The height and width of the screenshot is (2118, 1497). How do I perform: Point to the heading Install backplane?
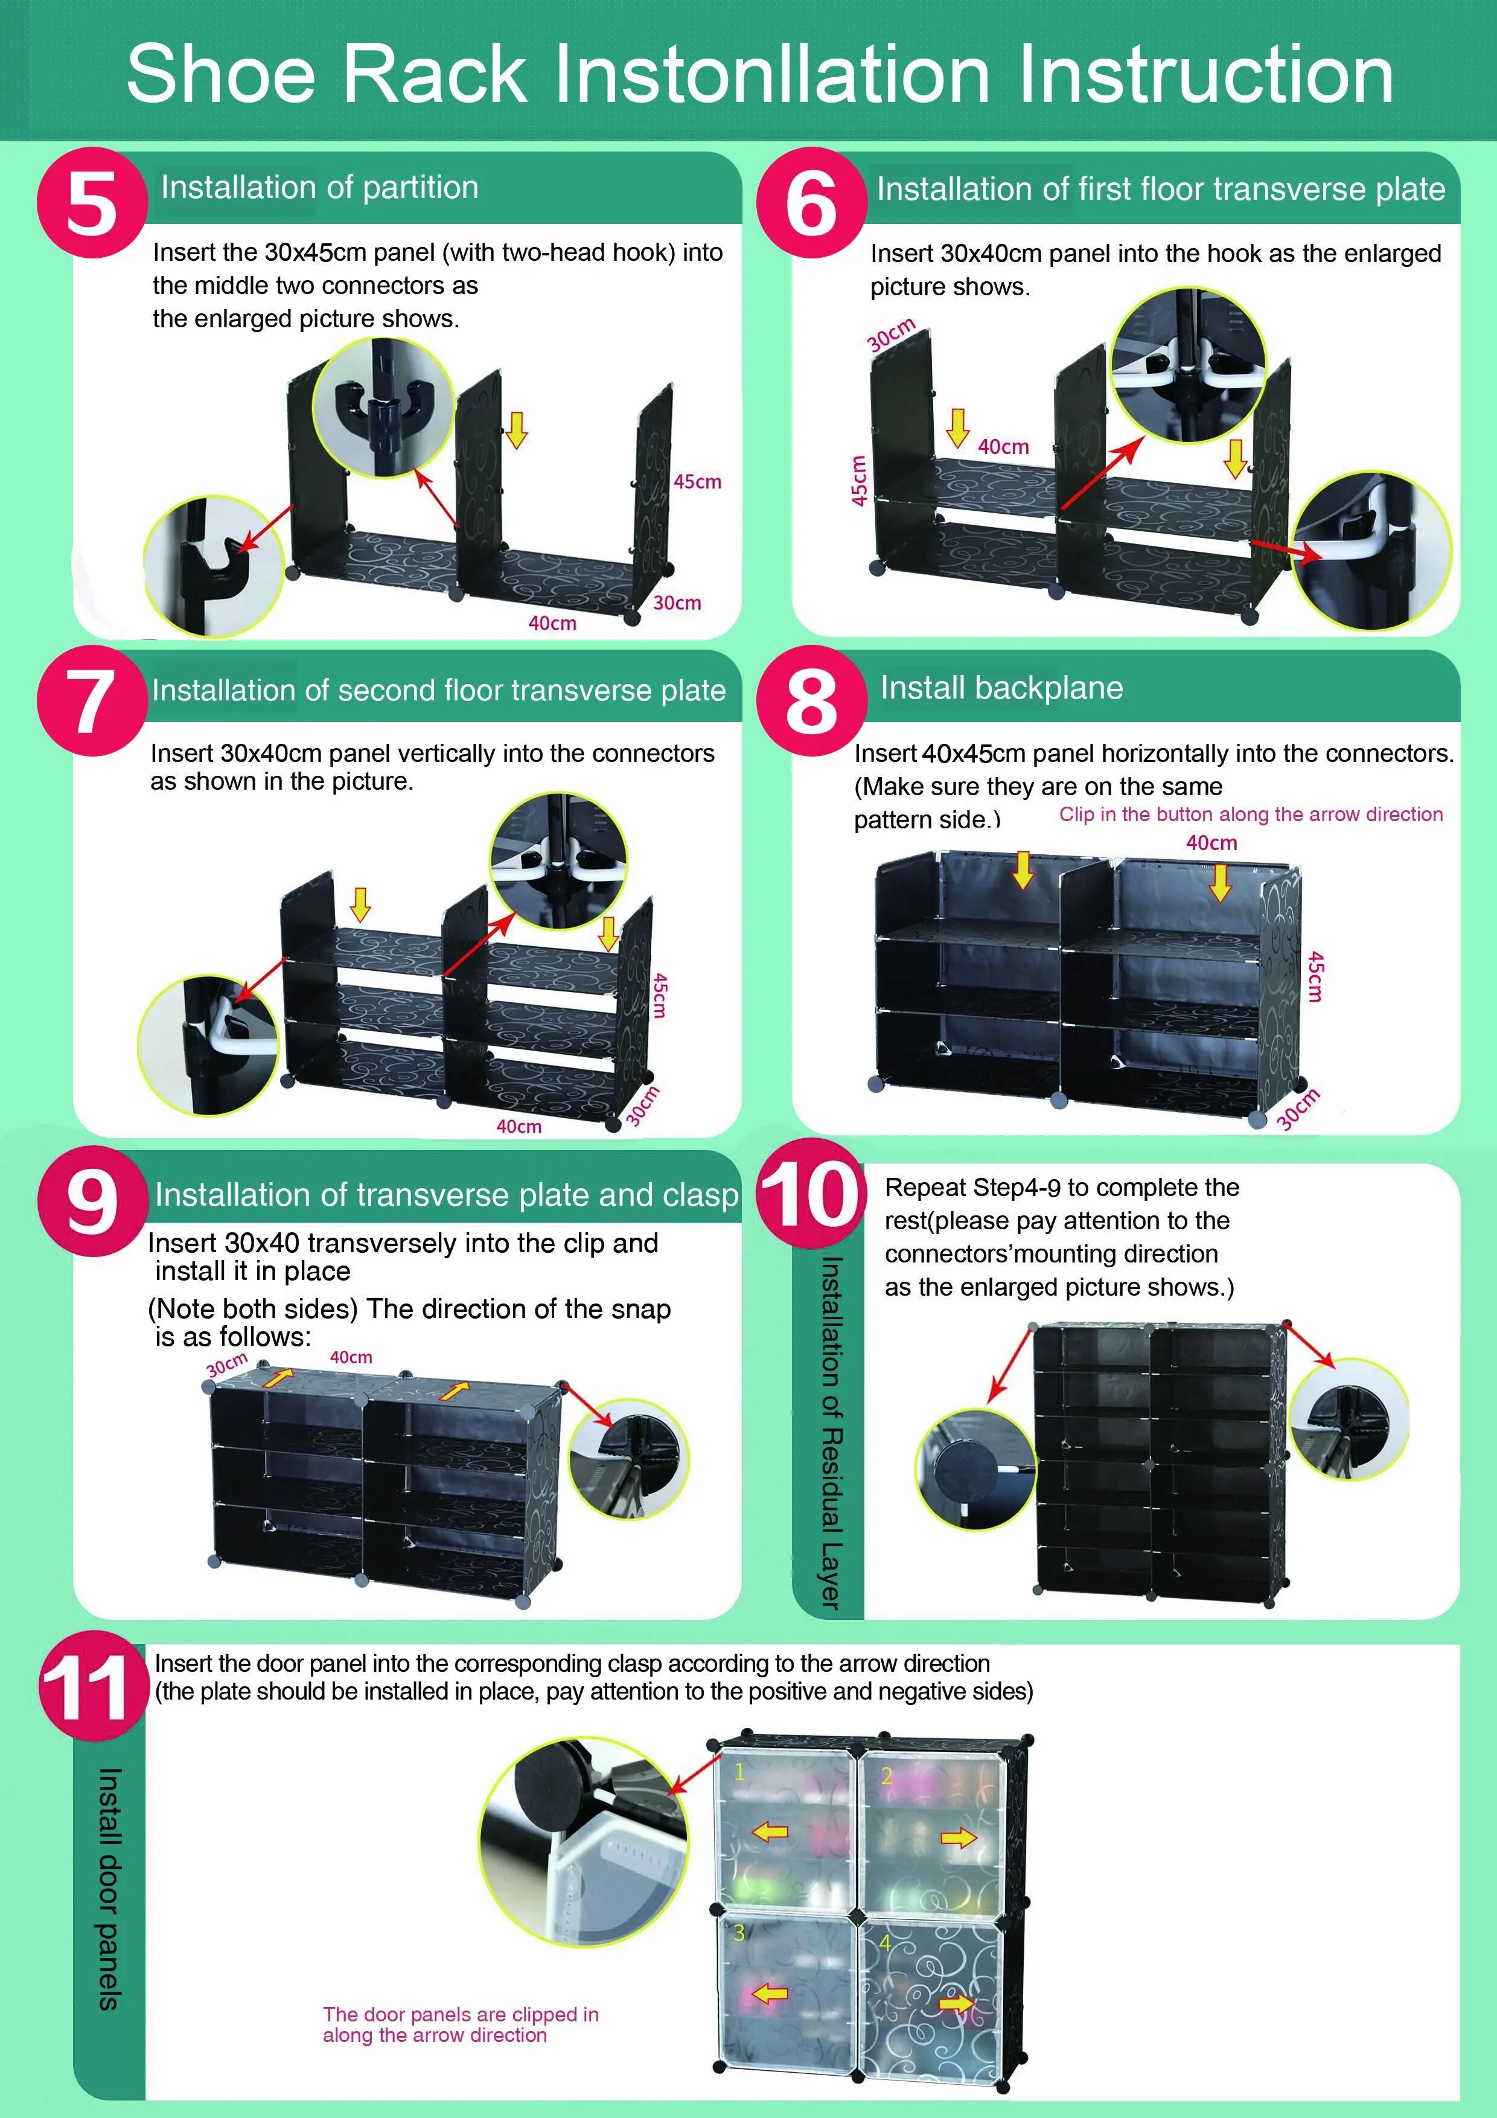[x=1001, y=688]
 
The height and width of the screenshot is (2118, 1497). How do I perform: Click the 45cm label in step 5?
[x=697, y=482]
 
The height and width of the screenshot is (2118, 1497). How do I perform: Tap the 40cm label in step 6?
[x=1004, y=446]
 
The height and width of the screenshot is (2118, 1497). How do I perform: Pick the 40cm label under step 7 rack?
[x=519, y=1127]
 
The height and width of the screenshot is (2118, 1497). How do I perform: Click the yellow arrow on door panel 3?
[x=770, y=1994]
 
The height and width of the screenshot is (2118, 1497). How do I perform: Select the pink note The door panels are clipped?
[x=460, y=2025]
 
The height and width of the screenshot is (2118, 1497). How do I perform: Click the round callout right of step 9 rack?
[x=629, y=1459]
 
